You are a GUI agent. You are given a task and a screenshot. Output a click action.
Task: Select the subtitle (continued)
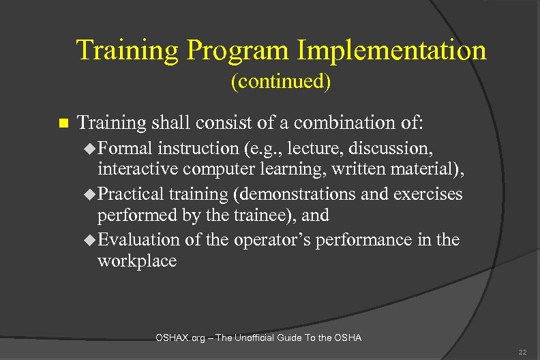coord(281,82)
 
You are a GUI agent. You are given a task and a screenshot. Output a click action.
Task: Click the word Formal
coord(125,148)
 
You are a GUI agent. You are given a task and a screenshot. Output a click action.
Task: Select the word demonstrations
coord(295,194)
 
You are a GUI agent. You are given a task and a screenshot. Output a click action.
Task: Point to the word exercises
coord(428,194)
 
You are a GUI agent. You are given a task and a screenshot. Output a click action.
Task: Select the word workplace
coord(137,260)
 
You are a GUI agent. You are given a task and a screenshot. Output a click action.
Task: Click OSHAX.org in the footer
coord(181,337)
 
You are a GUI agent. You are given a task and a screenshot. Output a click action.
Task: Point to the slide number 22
coord(522,352)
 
